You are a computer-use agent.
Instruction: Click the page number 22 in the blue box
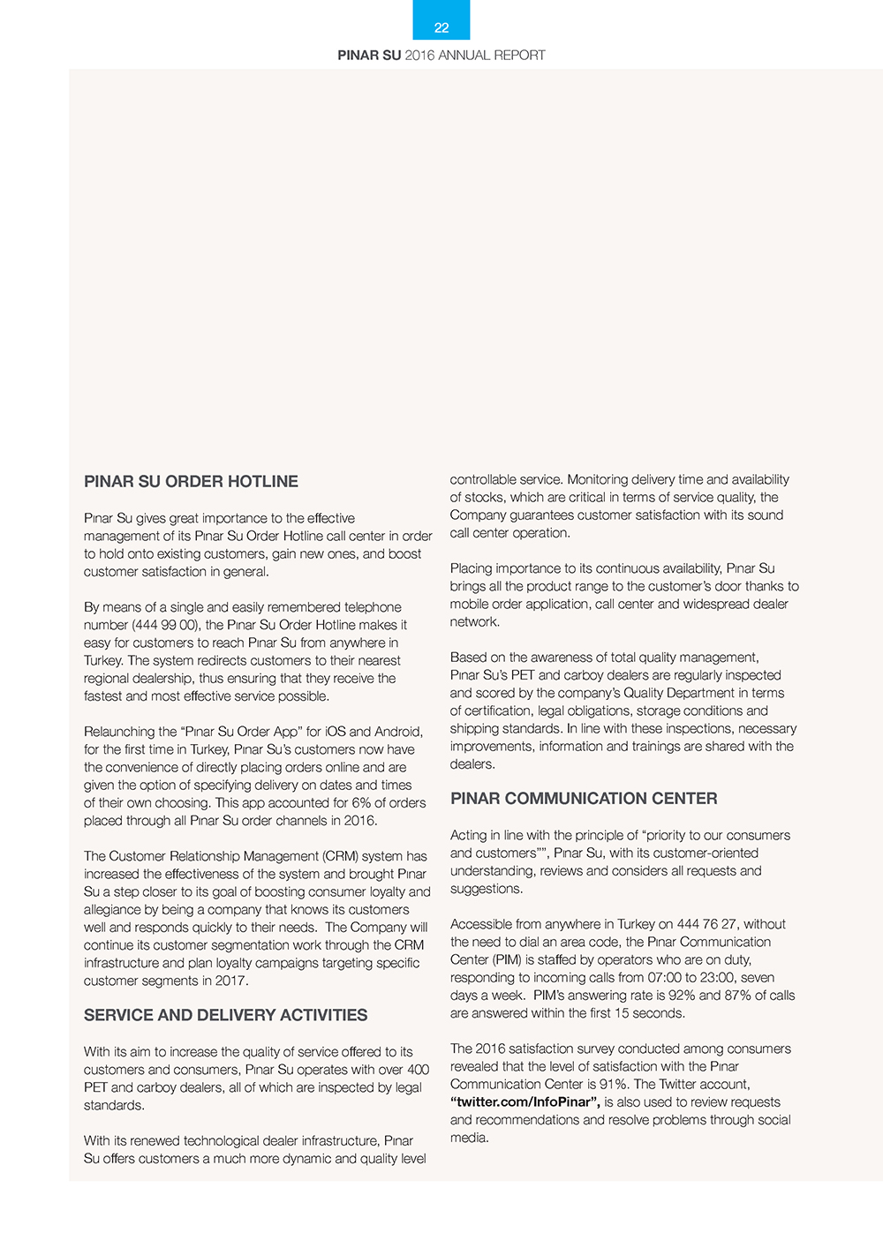pyautogui.click(x=441, y=27)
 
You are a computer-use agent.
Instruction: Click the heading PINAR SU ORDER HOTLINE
pyautogui.click(x=191, y=482)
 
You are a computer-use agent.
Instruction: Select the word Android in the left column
pyautogui.click(x=398, y=732)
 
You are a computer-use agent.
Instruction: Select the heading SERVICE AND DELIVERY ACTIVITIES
pyautogui.click(x=225, y=1015)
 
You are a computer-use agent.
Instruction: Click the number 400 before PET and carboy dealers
pyautogui.click(x=417, y=1070)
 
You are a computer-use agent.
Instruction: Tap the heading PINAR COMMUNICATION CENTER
pyautogui.click(x=584, y=799)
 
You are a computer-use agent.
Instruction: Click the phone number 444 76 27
pyautogui.click(x=706, y=924)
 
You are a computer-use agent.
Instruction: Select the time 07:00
pyautogui.click(x=636, y=977)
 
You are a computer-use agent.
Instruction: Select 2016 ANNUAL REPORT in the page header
pyautogui.click(x=475, y=55)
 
